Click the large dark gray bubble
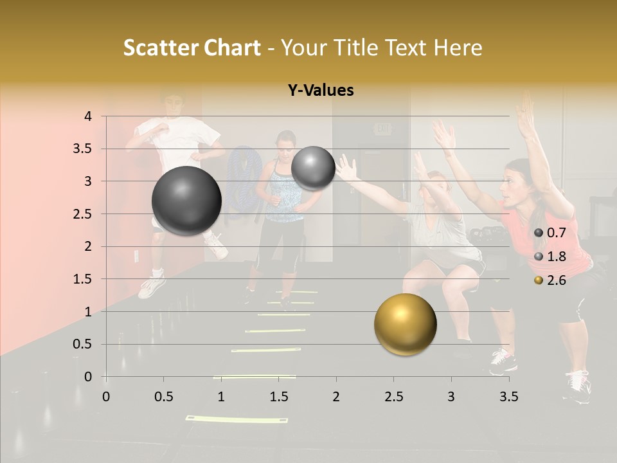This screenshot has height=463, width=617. tap(186, 201)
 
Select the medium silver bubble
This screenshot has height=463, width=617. tap(313, 168)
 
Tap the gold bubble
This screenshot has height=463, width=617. tap(405, 324)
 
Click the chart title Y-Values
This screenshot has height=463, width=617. tap(321, 91)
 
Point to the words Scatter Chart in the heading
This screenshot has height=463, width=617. tap(192, 48)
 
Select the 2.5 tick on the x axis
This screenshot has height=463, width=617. tap(393, 397)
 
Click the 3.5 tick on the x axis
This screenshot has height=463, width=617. tap(508, 397)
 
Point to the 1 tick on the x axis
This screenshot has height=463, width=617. tap(221, 397)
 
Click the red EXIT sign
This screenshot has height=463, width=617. tap(383, 129)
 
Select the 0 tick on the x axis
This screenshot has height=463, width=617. tap(106, 397)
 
